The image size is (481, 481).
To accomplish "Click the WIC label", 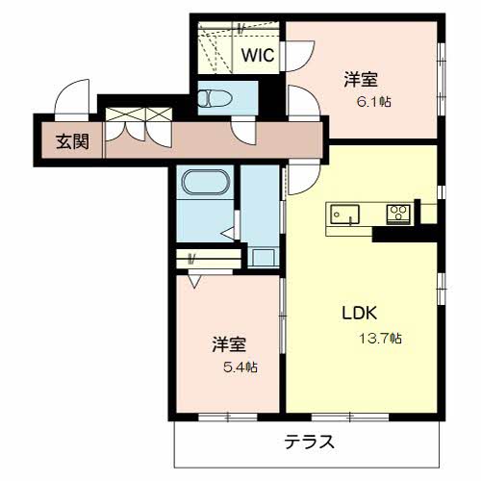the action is pyautogui.click(x=258, y=55).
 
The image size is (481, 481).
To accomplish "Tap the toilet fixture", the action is pyautogui.click(x=215, y=98).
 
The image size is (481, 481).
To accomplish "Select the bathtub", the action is pyautogui.click(x=206, y=182).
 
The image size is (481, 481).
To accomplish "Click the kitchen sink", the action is pyautogui.click(x=345, y=215).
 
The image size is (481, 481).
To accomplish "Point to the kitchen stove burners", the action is pyautogui.click(x=398, y=214).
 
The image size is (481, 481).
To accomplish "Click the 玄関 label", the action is pyautogui.click(x=72, y=141).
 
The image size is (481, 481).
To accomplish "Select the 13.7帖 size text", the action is pyautogui.click(x=380, y=339).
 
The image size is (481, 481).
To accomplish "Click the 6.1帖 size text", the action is pyautogui.click(x=374, y=102).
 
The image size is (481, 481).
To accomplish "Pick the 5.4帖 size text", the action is pyautogui.click(x=240, y=367).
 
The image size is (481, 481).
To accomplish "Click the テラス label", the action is pyautogui.click(x=309, y=443).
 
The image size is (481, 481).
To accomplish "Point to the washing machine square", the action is pyautogui.click(x=263, y=258).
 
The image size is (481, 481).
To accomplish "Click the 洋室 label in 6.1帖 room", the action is pyautogui.click(x=361, y=79).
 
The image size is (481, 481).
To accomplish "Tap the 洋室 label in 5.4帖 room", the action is pyautogui.click(x=229, y=344).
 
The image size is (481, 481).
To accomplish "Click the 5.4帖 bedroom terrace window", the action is pyautogui.click(x=228, y=417).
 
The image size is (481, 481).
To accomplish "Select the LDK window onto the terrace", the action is pyautogui.click(x=350, y=417).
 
